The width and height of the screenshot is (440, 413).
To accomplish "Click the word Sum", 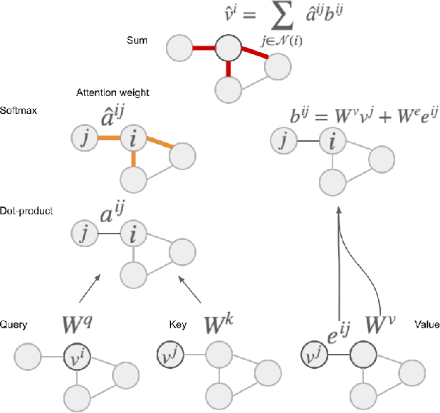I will (136, 41).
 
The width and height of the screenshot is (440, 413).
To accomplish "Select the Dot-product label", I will (21, 211).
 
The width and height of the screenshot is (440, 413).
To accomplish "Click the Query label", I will (14, 325).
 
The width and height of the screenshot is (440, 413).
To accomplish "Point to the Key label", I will (179, 325).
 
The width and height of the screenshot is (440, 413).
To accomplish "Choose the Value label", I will (425, 325).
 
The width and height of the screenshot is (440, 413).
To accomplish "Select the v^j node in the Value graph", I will (312, 355).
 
